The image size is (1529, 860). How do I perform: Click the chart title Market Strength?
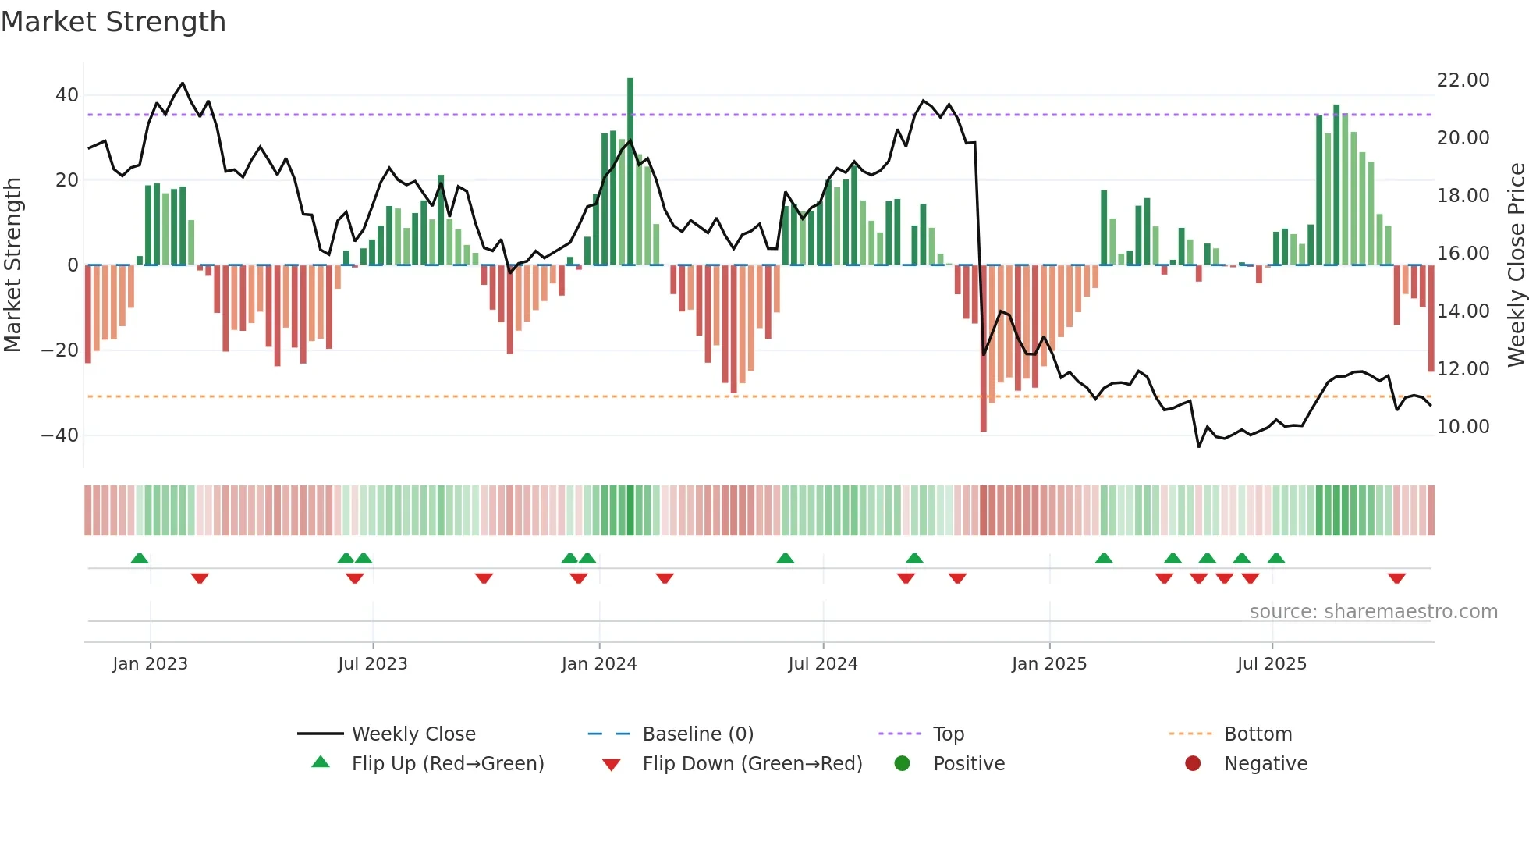click(x=113, y=22)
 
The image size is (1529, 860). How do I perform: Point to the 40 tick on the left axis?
click(x=66, y=95)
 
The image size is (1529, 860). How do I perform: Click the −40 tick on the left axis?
click(x=60, y=435)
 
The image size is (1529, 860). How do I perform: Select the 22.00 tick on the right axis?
click(x=1463, y=80)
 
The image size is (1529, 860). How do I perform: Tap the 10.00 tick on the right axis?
click(x=1463, y=427)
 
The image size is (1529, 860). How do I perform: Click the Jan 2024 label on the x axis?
click(x=598, y=664)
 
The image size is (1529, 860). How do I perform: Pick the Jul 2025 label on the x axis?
click(x=1272, y=664)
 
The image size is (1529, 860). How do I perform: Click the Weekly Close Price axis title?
click(x=1516, y=265)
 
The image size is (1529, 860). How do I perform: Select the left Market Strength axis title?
click(x=12, y=265)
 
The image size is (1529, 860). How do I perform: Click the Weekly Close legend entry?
click(x=413, y=734)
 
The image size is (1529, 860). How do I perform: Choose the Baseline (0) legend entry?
click(x=697, y=734)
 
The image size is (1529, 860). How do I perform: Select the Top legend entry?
click(x=948, y=734)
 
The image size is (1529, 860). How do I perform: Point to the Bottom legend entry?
click(x=1258, y=734)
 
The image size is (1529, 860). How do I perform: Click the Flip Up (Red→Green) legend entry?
click(x=447, y=764)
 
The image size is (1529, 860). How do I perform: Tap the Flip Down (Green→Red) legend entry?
click(x=752, y=764)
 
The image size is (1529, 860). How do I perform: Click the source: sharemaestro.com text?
click(x=1373, y=612)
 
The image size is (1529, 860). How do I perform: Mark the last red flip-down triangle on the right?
click(x=1396, y=578)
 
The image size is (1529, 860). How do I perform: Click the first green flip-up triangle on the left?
click(x=140, y=558)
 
